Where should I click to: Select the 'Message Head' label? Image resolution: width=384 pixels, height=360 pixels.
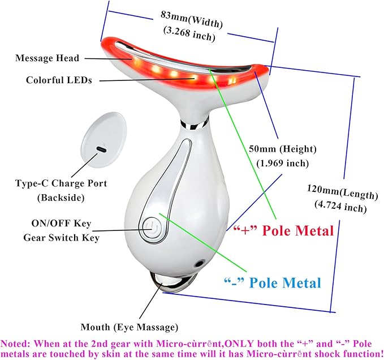48,58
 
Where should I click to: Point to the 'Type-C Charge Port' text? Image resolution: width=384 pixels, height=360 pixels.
61,183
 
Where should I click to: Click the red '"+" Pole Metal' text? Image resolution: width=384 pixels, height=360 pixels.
283,230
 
